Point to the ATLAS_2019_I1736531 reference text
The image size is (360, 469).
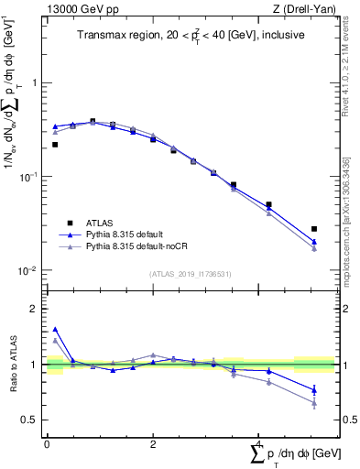click(190, 274)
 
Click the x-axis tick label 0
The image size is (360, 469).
click(47, 443)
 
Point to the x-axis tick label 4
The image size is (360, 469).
click(258, 443)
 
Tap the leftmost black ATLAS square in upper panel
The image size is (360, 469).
click(55, 144)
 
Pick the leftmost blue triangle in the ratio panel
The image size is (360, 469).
click(55, 329)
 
